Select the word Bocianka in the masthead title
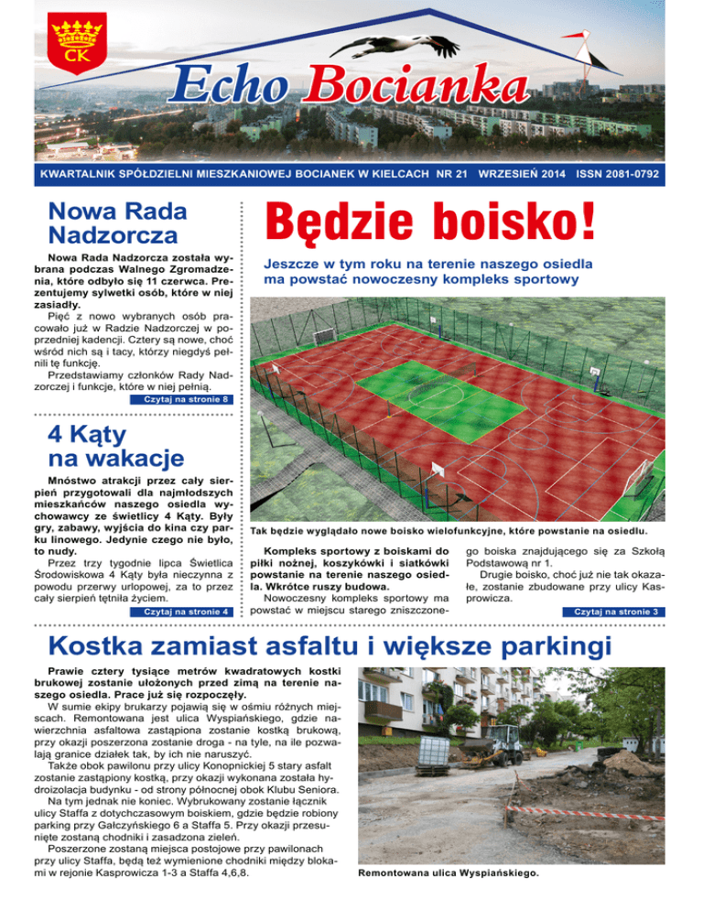pos(416,89)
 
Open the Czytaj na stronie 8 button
pos(180,399)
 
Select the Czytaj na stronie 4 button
pos(180,611)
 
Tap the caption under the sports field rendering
pos(449,531)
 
